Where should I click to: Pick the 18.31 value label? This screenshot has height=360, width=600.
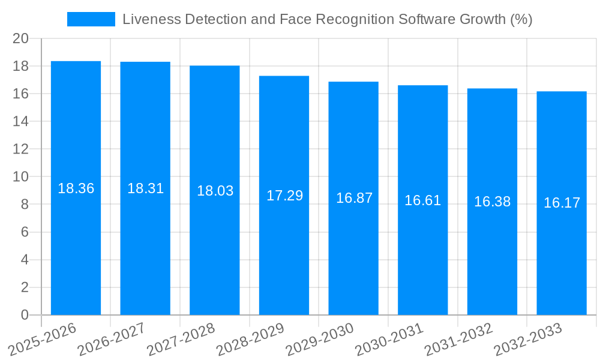coord(145,188)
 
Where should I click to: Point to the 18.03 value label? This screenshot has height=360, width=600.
coord(215,191)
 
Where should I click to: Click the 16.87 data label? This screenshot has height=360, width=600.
coord(354,198)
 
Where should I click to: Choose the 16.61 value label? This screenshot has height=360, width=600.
coord(422,200)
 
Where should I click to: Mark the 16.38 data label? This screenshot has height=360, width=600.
coord(492,202)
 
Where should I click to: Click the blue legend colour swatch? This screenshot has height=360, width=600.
coord(91,19)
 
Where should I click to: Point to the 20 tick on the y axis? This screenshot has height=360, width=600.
coord(21,38)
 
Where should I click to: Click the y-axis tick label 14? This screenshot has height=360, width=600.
coord(21,121)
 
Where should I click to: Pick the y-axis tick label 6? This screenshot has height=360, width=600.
coord(25,232)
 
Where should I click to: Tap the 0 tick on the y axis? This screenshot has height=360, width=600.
coord(25,315)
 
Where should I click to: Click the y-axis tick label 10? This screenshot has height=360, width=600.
coord(21,177)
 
